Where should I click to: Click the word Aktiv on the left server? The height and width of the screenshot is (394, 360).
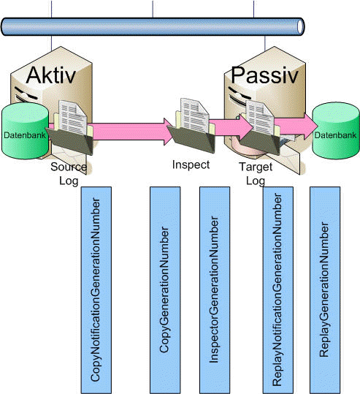click(51, 75)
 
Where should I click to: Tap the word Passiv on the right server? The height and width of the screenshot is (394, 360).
click(264, 75)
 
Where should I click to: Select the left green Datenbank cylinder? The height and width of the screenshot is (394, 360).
click(25, 131)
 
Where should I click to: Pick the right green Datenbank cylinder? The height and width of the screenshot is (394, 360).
click(336, 131)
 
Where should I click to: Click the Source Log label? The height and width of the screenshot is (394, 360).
click(69, 174)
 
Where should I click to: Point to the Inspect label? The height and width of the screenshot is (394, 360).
click(191, 164)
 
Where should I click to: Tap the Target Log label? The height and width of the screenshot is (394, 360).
click(256, 174)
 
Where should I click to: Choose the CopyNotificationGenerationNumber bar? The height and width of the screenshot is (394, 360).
click(96, 290)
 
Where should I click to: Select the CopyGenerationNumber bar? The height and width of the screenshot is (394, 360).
click(165, 290)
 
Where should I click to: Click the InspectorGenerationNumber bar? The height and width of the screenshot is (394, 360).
click(215, 290)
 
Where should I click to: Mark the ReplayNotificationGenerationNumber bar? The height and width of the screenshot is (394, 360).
click(278, 290)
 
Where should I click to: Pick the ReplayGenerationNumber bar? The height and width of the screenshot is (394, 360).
click(325, 290)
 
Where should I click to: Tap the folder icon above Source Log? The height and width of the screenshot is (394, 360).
click(70, 127)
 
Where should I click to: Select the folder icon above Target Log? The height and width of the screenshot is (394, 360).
click(259, 127)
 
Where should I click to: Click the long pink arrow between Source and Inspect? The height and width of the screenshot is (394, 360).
click(131, 132)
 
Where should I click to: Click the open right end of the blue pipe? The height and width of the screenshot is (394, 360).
click(301, 26)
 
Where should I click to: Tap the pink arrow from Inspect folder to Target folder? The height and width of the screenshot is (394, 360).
click(231, 127)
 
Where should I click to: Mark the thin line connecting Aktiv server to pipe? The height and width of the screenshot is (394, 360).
click(51, 42)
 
